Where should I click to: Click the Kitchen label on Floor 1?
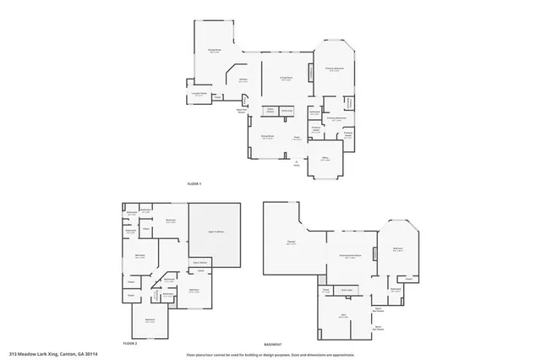click(x=243, y=79)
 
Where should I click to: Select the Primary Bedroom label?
click(x=334, y=68)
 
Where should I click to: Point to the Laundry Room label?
click(x=199, y=95)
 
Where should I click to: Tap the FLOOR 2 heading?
click(x=129, y=344)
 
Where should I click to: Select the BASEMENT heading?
click(x=272, y=344)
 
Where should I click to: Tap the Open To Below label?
click(x=216, y=232)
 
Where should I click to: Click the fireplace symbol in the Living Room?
click(x=309, y=74)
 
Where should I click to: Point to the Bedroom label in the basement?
click(x=397, y=248)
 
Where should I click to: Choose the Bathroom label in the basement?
click(x=396, y=289)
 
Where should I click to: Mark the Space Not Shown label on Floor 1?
click(x=241, y=111)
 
